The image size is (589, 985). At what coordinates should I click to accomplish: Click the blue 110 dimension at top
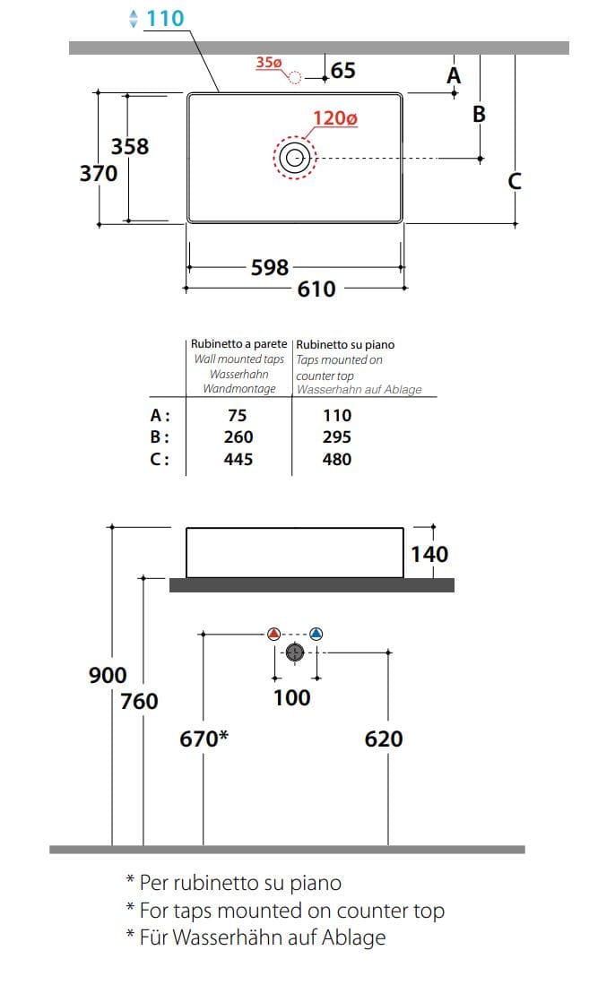165,18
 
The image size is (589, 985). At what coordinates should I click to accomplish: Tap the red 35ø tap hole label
268,62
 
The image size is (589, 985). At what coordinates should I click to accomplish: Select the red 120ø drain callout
335,118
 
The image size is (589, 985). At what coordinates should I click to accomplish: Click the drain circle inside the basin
295,157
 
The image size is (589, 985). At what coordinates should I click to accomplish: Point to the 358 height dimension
130,146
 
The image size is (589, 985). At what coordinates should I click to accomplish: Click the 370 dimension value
99,173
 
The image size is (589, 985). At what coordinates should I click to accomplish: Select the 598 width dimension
270,268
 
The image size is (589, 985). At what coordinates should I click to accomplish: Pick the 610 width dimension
316,289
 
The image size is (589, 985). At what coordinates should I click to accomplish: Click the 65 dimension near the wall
342,70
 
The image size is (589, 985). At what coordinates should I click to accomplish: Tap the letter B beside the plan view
479,115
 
